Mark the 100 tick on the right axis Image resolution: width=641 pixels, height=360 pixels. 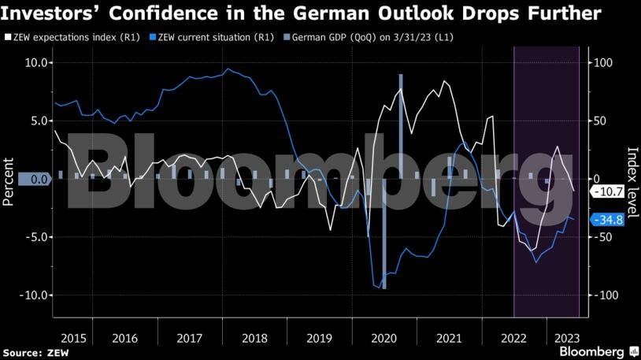602,62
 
